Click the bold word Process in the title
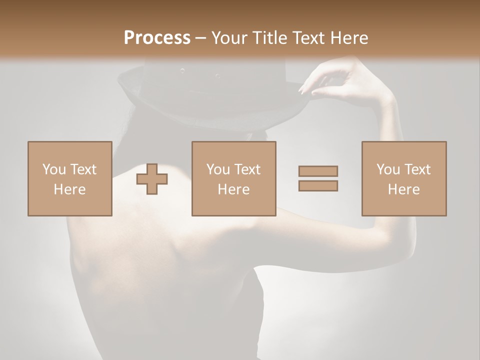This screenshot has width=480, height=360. pos(157,38)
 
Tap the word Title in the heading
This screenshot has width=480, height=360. pos(269,38)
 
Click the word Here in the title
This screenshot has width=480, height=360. pos(348,38)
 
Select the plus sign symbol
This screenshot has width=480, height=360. pos(152,179)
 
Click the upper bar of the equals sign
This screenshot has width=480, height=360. pos(318,171)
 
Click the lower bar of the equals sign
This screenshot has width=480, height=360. pos(318,186)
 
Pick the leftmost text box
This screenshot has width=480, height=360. pos(70,178)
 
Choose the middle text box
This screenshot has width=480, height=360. pos(233,178)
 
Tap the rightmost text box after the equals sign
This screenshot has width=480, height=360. pos(404,178)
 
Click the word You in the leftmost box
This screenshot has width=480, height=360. pos(54,169)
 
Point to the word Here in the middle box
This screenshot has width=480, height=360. pos(233,189)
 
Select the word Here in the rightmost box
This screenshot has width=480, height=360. pos(404,189)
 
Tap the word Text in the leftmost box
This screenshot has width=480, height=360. pos(83,169)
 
